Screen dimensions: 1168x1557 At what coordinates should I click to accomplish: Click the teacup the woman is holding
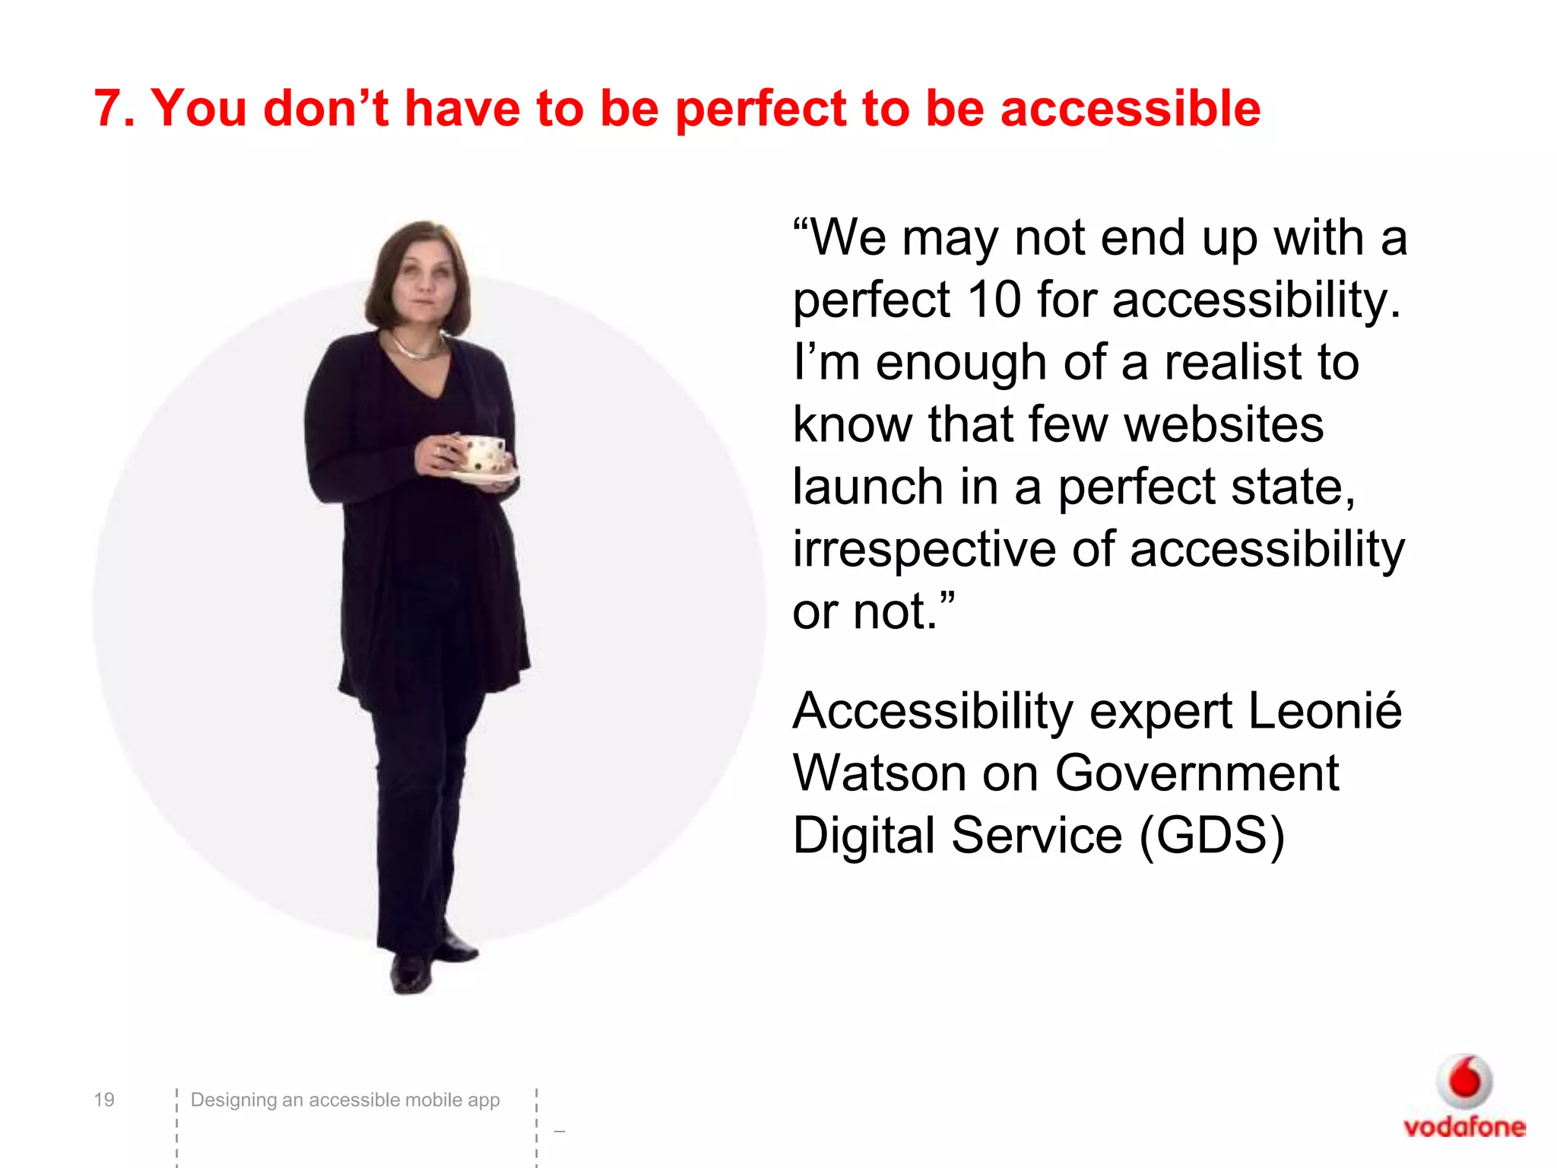click(x=482, y=454)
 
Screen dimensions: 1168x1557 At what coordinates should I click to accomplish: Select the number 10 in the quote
click(x=994, y=300)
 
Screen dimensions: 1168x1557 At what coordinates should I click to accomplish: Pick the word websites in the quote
click(x=1223, y=424)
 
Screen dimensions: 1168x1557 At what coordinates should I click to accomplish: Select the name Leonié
click(x=1324, y=711)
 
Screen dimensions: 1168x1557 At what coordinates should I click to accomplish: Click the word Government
click(x=1197, y=773)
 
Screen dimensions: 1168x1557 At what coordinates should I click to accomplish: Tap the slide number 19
click(x=104, y=1100)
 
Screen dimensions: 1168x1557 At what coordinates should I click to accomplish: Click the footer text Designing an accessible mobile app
click(x=344, y=1100)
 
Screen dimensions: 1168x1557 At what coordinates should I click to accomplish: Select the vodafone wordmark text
click(x=1464, y=1127)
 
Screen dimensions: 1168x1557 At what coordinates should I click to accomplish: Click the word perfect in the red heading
click(x=760, y=108)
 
